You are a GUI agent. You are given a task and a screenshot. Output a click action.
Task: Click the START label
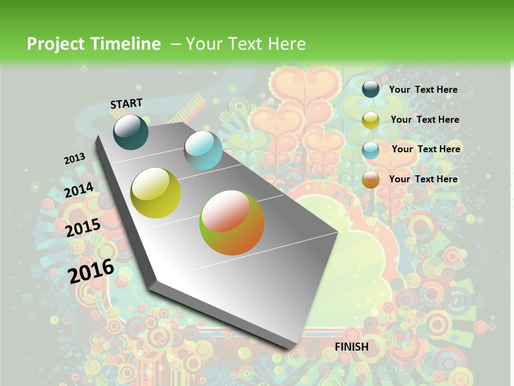126,103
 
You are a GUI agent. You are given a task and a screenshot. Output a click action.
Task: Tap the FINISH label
351,347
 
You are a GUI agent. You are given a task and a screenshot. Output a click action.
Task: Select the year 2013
74,159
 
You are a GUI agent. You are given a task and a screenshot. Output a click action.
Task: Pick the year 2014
79,190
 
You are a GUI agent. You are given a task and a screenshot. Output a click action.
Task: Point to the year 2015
83,228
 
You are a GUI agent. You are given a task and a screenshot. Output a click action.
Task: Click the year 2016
91,271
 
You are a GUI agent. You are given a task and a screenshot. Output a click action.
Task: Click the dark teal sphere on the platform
131,132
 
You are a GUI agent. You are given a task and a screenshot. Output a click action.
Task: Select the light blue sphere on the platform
203,151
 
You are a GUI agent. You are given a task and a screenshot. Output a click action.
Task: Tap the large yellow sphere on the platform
156,193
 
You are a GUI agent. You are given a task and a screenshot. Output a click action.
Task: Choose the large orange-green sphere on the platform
232,222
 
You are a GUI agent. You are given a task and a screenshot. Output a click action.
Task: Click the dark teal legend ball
371,89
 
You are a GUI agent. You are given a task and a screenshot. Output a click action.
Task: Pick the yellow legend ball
371,120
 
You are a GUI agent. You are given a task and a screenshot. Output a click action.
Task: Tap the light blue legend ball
371,150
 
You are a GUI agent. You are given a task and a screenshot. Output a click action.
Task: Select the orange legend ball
371,180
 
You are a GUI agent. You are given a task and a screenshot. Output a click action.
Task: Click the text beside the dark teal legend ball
423,90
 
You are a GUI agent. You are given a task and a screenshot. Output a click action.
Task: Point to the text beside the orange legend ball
423,179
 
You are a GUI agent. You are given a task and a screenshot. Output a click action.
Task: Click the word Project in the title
55,44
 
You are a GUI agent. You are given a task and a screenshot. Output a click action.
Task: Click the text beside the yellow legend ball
425,120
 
